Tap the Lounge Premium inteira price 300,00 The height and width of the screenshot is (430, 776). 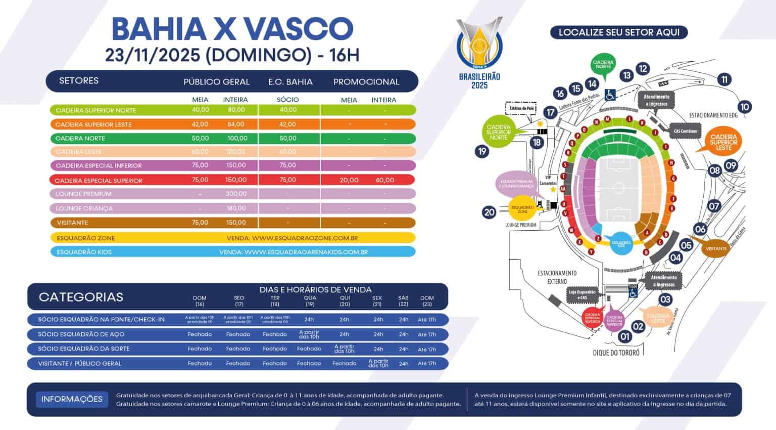(235, 194)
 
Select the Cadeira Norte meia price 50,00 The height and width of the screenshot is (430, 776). (200, 138)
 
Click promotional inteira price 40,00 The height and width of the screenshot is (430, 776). (384, 180)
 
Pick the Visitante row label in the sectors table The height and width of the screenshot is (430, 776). (72, 223)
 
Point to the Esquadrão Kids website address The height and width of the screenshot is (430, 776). (293, 252)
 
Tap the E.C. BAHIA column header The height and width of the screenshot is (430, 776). (290, 82)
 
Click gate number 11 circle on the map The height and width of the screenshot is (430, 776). (724, 79)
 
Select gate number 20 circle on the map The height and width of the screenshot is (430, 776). (489, 212)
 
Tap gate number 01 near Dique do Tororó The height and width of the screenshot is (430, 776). (625, 336)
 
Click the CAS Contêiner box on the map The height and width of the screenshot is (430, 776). (685, 131)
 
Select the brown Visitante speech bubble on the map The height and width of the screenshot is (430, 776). (716, 248)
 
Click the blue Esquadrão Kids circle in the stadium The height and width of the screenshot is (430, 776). (621, 243)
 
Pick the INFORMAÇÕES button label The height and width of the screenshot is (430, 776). (72, 399)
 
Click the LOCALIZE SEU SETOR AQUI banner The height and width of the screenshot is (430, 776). (618, 32)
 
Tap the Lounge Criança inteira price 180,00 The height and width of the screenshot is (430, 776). (235, 208)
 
